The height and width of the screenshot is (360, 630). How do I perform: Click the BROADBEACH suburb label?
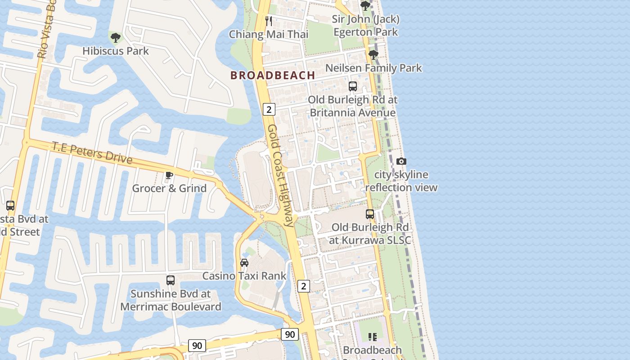coord(273,75)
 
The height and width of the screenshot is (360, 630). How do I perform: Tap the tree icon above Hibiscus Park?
coord(115,37)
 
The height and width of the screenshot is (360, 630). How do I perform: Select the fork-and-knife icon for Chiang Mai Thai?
coord(269,21)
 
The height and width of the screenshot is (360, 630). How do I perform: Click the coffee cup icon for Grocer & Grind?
coord(169,175)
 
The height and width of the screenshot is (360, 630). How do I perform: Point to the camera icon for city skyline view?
coord(401,161)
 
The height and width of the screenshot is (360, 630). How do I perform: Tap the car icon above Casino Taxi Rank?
coord(244,262)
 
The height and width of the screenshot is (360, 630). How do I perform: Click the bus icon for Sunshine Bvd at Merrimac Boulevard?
coord(170,280)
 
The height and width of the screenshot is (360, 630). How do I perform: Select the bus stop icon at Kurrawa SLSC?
coord(370,214)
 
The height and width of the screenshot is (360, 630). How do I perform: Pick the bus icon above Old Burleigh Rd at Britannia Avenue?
coord(353,86)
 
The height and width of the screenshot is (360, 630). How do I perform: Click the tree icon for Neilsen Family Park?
coord(373,55)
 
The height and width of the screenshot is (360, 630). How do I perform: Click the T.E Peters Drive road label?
coord(92,153)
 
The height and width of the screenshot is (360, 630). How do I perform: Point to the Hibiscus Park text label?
coord(115,51)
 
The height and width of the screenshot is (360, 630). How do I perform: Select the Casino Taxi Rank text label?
coord(244,275)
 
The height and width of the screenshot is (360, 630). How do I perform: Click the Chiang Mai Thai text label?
coord(269,34)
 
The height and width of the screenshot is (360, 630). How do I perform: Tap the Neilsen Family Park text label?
coord(373,68)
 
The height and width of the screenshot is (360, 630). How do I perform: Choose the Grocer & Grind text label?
coord(169,188)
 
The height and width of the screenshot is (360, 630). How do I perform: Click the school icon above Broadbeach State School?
coord(372,337)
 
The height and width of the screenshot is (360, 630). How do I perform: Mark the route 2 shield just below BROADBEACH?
coord(269,109)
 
